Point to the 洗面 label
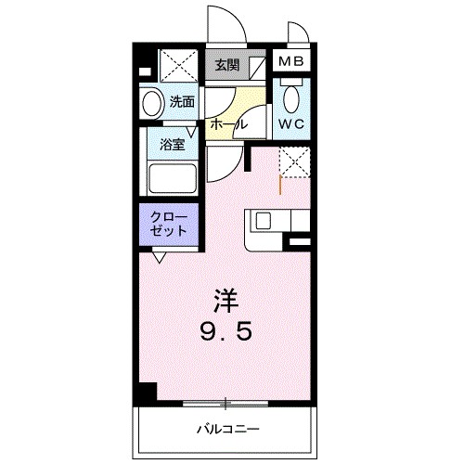[182, 101]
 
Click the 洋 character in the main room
[228, 301]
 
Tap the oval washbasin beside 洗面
[152, 101]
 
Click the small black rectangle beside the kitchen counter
[301, 242]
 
